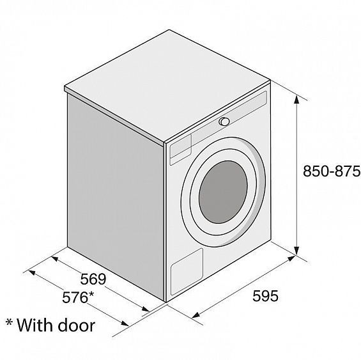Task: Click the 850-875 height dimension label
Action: tap(332, 171)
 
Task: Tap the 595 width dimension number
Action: tap(265, 295)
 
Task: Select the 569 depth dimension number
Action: tap(93, 279)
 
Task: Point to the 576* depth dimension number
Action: tap(78, 297)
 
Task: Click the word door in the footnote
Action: tap(76, 325)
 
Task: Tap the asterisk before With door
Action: tap(9, 322)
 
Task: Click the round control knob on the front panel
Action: tap(224, 121)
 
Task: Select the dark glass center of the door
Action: tap(223, 192)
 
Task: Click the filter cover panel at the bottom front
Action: tap(187, 271)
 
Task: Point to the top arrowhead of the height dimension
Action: tap(296, 100)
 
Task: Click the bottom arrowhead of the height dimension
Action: tap(296, 250)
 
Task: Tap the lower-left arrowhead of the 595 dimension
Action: tap(196, 315)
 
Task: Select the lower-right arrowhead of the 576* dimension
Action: tap(125, 323)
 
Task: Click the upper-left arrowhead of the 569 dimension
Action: tap(55, 258)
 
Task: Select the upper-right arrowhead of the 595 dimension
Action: tap(291, 258)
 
